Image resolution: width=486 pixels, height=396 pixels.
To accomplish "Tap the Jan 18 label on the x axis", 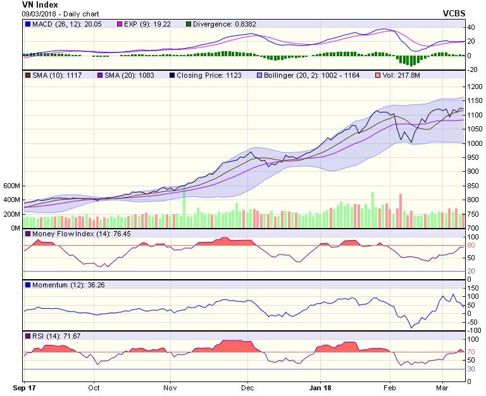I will (x=323, y=387).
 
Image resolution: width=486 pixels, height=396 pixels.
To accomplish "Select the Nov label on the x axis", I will (x=170, y=387).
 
